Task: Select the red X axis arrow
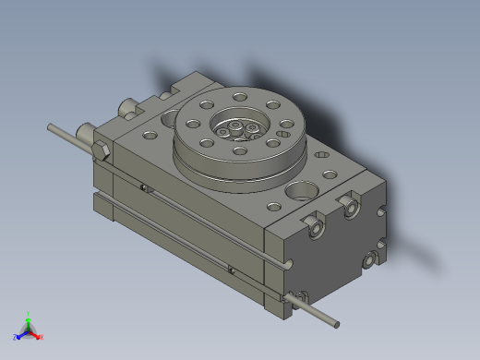39,336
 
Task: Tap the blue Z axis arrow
18,335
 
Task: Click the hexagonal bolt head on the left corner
101,152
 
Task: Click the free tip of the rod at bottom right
336,324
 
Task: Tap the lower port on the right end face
371,261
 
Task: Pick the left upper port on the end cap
316,225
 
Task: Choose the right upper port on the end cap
352,208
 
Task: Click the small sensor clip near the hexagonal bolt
144,189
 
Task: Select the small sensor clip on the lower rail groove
231,270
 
